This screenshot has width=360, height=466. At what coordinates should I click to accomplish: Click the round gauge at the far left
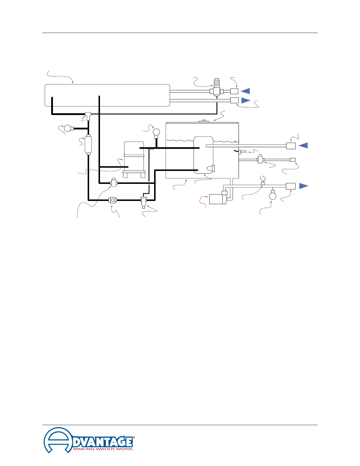click(68, 128)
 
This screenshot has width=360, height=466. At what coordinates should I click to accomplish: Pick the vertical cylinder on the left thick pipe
click(88, 144)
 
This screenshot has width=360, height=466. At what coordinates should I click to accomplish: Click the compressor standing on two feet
click(134, 159)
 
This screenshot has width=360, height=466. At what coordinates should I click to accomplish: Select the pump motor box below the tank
click(218, 199)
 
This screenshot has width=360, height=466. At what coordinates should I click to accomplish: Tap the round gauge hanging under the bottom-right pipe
click(273, 196)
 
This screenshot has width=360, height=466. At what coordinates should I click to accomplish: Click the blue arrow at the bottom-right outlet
click(304, 186)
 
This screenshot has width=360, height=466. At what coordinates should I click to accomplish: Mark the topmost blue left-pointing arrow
click(245, 91)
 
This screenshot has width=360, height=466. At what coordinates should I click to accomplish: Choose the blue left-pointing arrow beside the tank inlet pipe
click(304, 145)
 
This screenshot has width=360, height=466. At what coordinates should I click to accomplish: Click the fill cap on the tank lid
click(204, 121)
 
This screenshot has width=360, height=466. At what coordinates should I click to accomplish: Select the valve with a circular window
click(113, 200)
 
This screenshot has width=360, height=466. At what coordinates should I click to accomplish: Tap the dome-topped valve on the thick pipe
click(114, 183)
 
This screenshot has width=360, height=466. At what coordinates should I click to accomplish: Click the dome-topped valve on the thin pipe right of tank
click(260, 159)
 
